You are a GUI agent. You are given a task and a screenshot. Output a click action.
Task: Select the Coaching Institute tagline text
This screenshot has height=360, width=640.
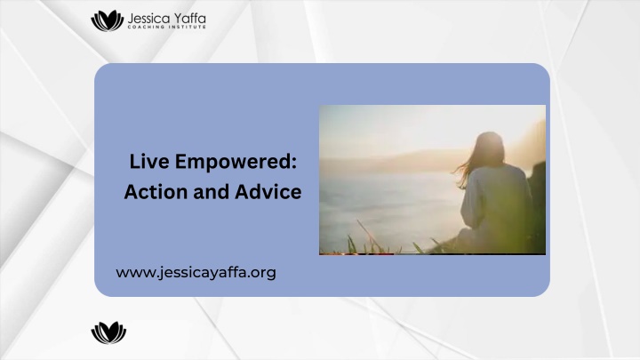tap(166, 27)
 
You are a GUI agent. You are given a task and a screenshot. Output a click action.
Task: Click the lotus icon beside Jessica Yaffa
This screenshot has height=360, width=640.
tap(107, 20)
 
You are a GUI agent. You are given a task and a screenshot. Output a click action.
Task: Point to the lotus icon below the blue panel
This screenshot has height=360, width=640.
tap(108, 332)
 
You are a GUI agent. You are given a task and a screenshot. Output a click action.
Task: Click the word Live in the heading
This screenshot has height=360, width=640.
tap(149, 161)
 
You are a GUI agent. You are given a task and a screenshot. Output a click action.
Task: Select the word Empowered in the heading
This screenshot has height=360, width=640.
tap(233, 163)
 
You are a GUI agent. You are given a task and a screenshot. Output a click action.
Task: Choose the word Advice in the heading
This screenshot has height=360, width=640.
tap(268, 191)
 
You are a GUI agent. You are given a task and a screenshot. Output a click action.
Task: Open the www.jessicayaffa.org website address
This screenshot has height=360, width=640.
tap(196, 273)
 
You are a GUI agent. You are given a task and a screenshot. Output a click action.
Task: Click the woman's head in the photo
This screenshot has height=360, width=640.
tap(489, 148)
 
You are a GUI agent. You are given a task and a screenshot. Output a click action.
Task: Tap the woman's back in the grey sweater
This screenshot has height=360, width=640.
tap(496, 196)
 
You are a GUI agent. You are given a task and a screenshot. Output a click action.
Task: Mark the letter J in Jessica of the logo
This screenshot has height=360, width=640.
tap(131, 19)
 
